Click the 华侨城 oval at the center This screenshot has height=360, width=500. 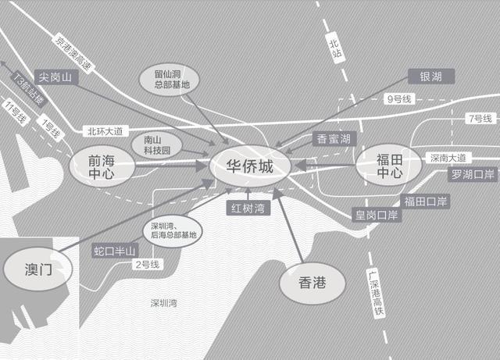pos(250,167)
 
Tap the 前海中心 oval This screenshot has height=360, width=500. pos(102,167)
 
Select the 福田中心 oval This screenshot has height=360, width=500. pos(389,166)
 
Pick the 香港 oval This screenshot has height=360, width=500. pos(312,285)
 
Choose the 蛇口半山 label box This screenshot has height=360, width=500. pos(115,251)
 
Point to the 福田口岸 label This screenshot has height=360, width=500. pos(426,201)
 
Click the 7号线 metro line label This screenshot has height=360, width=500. pos(479,119)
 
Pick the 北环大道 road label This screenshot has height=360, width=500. pos(105,130)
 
